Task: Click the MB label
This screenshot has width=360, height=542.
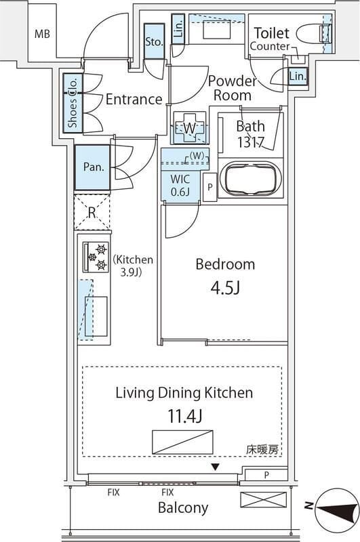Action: (42, 34)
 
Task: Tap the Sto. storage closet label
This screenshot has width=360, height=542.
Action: (154, 42)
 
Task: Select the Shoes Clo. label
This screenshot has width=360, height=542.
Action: (73, 102)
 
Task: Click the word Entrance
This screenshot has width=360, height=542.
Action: (134, 100)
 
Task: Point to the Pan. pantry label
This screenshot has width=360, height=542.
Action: (94, 167)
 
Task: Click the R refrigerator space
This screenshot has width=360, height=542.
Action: (92, 213)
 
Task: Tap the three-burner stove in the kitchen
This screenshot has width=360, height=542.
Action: (95, 257)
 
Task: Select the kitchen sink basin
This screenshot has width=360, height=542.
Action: (96, 316)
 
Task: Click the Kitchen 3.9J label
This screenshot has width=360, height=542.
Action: (133, 266)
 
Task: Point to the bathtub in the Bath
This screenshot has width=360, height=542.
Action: (251, 179)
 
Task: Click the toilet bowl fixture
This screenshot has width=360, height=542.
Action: (314, 33)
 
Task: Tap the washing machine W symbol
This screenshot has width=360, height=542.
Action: (190, 128)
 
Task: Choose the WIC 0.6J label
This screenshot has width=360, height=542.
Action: (180, 185)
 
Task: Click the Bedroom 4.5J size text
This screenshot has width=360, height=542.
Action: (225, 287)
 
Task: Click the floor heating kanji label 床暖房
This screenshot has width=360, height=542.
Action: (262, 449)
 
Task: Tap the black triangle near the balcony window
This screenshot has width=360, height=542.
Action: (216, 467)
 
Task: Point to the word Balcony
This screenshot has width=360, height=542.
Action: (183, 507)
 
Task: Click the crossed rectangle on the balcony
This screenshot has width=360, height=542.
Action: (264, 500)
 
